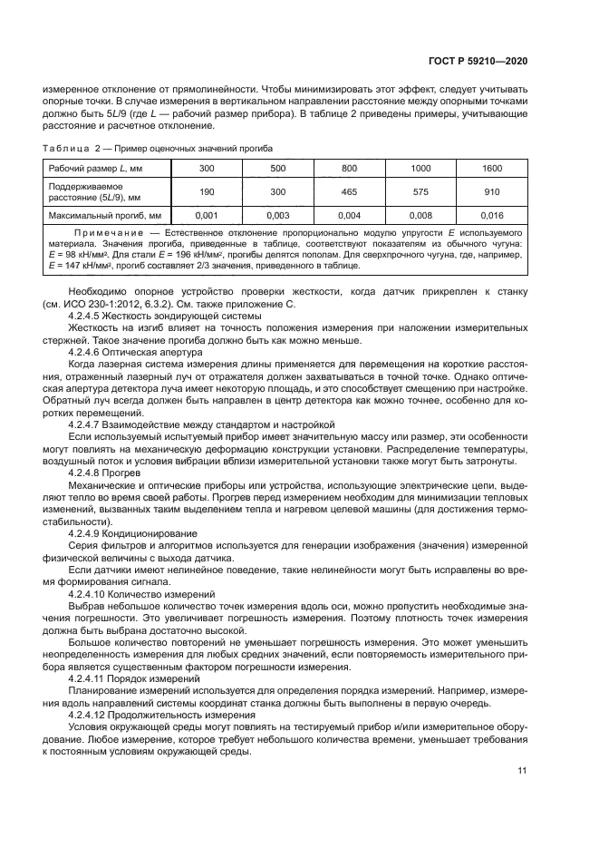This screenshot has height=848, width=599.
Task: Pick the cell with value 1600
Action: coord(492,169)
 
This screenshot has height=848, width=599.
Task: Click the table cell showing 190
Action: coord(207,192)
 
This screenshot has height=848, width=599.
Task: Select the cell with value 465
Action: coord(350,192)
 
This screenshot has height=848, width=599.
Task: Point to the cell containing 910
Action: coord(492,192)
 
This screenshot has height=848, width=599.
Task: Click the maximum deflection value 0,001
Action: coord(207,216)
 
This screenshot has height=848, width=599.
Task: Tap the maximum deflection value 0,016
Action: coord(492,216)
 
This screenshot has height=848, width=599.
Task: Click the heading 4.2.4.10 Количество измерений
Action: coord(141,591)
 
